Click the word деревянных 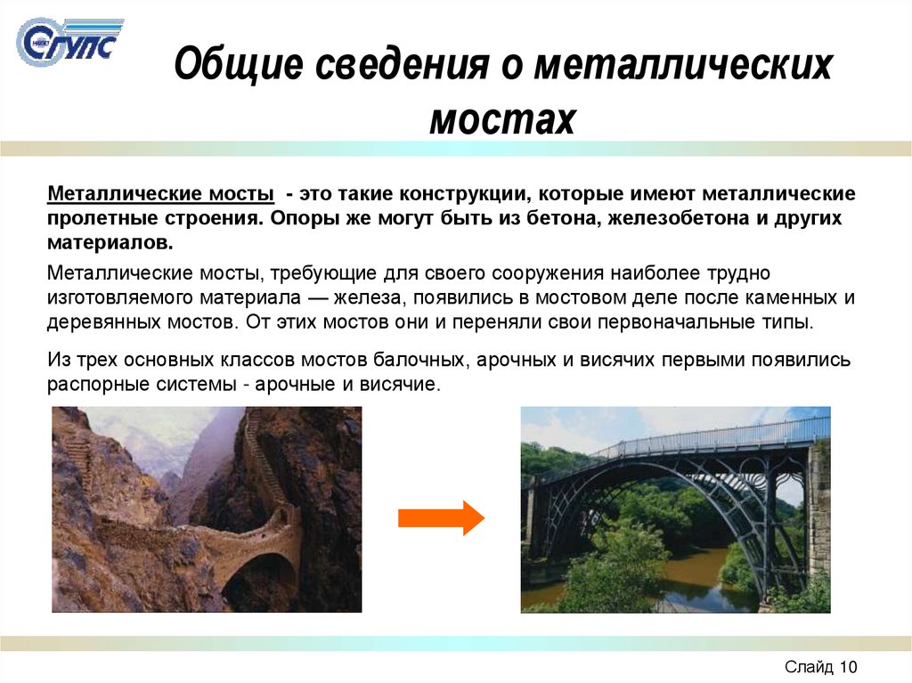point(104,321)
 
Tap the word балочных point(413,361)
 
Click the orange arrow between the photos point(440,517)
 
